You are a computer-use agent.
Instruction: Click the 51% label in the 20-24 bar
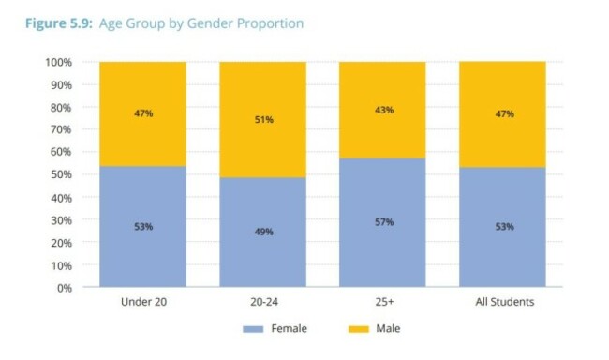[x=262, y=119]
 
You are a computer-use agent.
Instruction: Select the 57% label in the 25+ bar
[x=382, y=222]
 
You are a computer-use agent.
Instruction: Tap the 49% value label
[x=262, y=232]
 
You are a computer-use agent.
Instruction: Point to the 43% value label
[x=382, y=110]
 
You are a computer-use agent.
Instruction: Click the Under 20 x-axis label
[x=142, y=303]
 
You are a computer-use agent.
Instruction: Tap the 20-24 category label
[x=262, y=303]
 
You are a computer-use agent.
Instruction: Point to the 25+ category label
[x=382, y=303]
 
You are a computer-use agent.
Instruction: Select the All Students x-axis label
[x=502, y=303]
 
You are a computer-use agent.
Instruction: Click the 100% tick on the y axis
[x=58, y=62]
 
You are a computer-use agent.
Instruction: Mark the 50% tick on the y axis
[x=61, y=174]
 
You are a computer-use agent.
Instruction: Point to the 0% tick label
[x=64, y=287]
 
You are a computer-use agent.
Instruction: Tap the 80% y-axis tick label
[x=61, y=107]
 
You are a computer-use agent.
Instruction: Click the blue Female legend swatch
[x=256, y=329]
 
